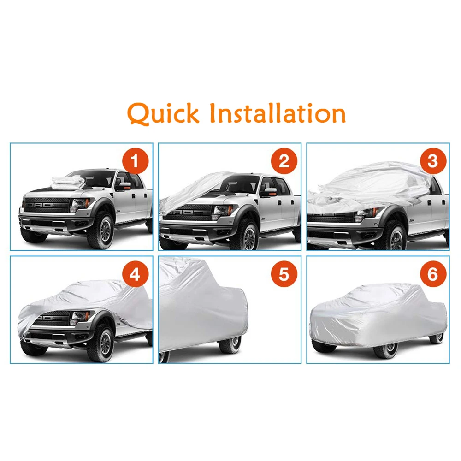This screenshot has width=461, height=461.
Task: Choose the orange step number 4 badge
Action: (x=135, y=275)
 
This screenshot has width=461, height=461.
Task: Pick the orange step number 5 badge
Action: (x=284, y=275)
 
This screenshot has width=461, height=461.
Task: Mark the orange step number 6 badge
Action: (x=432, y=275)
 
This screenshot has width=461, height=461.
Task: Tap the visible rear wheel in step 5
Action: (x=230, y=343)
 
